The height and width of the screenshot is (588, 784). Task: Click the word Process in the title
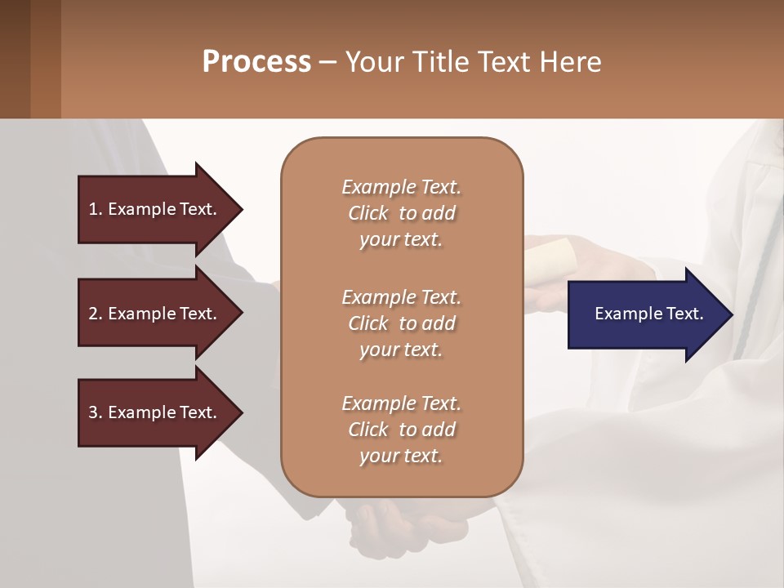pos(256,62)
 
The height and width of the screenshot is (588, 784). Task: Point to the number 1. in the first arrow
pos(96,209)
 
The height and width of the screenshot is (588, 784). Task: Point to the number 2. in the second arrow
pos(96,314)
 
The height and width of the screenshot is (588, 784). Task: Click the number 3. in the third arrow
pos(96,412)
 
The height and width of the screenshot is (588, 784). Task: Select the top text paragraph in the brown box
pos(401,213)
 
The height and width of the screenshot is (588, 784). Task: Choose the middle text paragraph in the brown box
pos(401,323)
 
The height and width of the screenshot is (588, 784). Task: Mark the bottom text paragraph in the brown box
pos(401,430)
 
